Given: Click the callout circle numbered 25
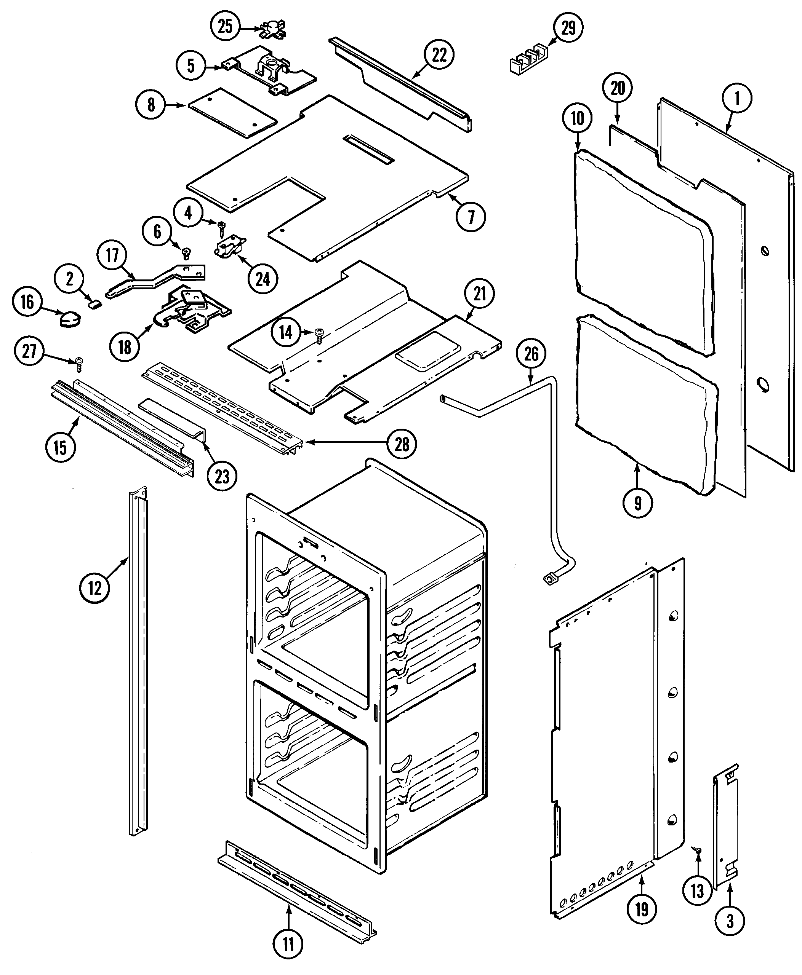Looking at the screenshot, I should coord(225,26).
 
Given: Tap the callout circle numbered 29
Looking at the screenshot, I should coord(568,28).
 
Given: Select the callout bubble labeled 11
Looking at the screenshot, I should coord(288,945).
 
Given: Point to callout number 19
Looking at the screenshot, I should coord(642,910).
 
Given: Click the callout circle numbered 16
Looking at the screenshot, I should coord(27,302).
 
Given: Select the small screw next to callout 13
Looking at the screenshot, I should coord(697,850).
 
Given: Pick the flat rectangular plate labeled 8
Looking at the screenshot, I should coord(233,113).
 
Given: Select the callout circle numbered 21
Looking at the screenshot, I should coord(480,294).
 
